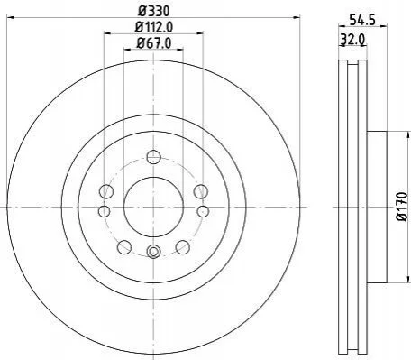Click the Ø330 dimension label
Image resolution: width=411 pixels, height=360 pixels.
(x=154, y=12)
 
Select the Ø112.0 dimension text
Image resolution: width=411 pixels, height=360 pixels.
(x=154, y=28)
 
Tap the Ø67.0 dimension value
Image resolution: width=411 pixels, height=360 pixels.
(x=154, y=43)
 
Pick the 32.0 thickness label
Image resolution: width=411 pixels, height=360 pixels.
(x=352, y=39)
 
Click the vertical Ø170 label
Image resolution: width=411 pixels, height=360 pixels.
(x=402, y=207)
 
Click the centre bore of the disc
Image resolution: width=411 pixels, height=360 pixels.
(x=153, y=207)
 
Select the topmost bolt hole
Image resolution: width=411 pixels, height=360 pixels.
(x=153, y=157)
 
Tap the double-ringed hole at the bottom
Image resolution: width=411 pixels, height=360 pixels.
(x=153, y=251)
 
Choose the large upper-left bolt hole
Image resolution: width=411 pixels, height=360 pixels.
(x=106, y=191)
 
